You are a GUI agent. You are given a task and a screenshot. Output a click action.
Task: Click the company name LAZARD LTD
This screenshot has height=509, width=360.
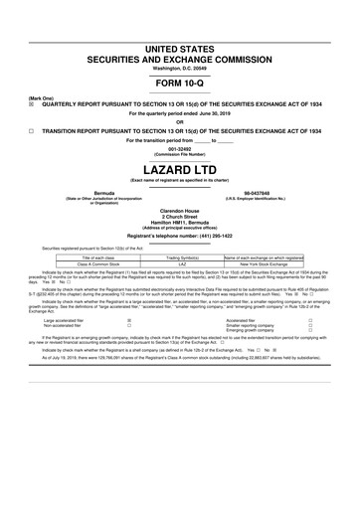click(x=180, y=168)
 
